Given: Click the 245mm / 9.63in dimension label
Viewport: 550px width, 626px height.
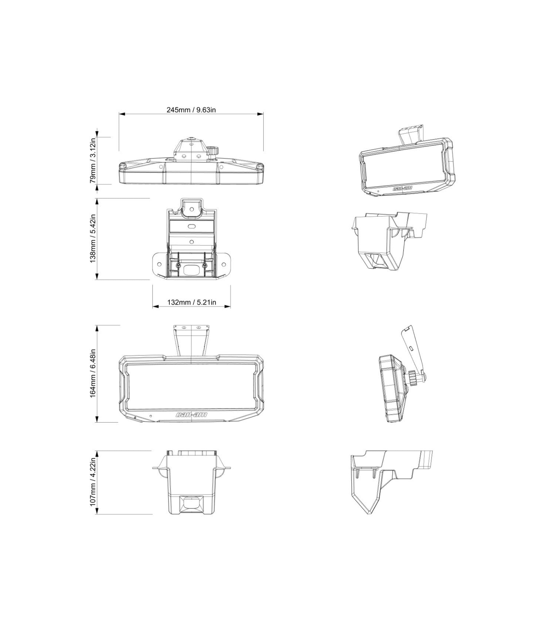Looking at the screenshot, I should pos(191,110).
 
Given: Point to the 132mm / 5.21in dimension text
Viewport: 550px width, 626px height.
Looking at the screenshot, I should pos(191,302).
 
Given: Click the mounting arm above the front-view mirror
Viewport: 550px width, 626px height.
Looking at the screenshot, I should pos(191,340).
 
